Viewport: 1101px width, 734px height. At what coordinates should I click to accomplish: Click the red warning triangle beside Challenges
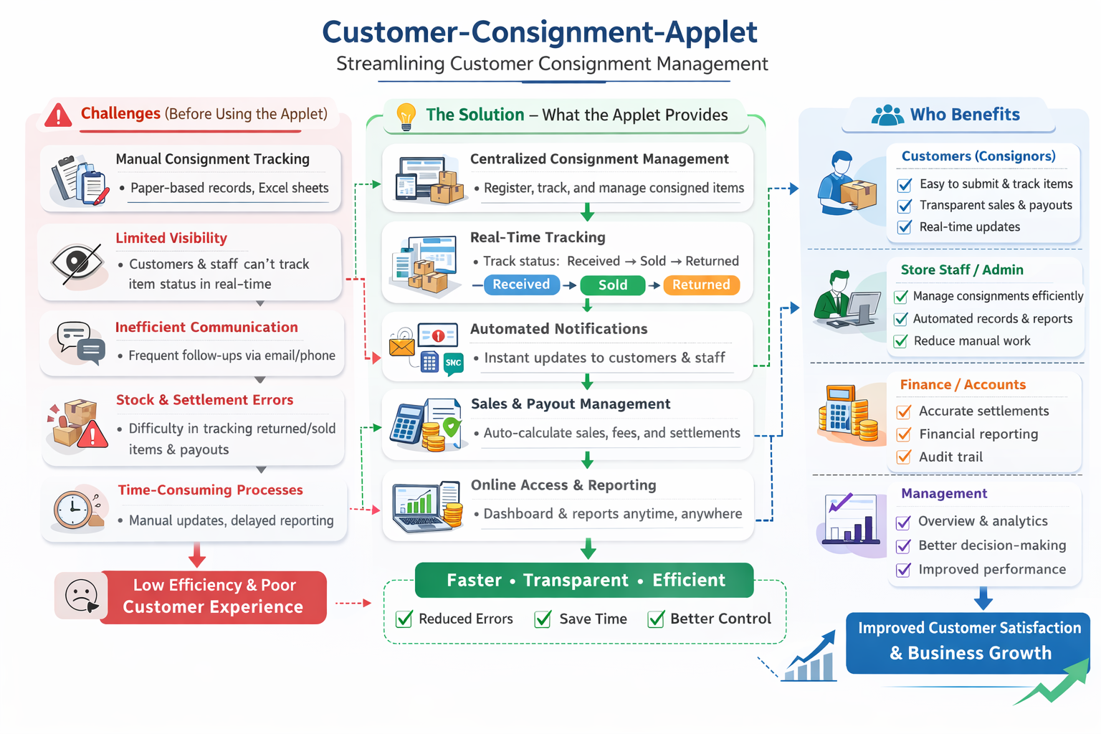pos(58,115)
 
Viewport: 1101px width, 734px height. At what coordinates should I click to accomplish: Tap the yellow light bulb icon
pos(406,115)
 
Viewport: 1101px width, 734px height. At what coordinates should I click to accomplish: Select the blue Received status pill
pos(521,285)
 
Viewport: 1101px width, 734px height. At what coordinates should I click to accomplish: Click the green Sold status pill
pos(612,285)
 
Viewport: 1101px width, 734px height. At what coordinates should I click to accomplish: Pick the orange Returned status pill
pos(701,285)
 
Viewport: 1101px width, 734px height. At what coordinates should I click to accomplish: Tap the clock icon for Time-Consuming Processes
pos(72,510)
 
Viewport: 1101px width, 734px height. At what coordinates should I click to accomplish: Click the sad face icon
pos(81,596)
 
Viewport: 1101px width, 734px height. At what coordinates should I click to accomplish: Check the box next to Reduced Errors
pos(404,619)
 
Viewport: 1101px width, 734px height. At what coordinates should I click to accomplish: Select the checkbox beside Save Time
pos(543,619)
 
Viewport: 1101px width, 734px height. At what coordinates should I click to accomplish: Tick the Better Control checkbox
pos(656,619)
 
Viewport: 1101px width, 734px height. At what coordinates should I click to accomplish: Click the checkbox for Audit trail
pos(905,457)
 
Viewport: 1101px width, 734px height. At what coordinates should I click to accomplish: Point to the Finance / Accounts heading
pos(963,385)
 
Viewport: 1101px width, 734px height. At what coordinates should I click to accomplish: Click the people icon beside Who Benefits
pos(887,115)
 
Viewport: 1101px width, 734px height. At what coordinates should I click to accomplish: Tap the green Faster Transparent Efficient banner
pos(584,581)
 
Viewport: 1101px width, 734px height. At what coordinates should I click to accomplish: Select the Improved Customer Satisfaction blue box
pos(968,642)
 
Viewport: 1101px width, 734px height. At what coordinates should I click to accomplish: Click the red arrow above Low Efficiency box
pos(197,555)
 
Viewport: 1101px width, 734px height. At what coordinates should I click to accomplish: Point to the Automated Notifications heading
pos(558,329)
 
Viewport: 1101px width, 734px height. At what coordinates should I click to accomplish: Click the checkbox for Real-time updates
pos(905,227)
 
